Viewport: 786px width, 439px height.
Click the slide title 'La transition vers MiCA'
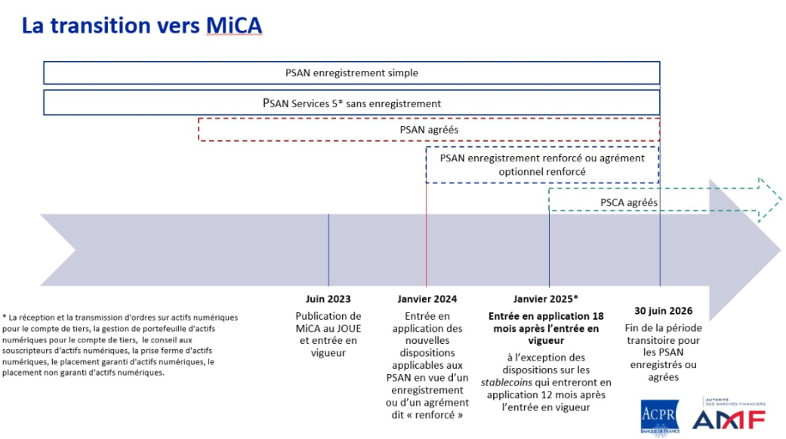[142, 26]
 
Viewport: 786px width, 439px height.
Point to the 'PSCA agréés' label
[629, 203]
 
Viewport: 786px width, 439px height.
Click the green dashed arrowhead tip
[781, 200]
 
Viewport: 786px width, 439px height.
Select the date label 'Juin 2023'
[328, 299]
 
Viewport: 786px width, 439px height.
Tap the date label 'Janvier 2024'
[427, 299]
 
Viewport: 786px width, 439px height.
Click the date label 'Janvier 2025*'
[546, 299]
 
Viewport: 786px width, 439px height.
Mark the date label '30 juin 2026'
[663, 311]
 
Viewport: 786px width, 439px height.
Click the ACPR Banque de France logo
[660, 416]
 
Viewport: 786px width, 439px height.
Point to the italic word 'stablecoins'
[507, 382]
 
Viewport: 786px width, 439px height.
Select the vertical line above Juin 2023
[328, 250]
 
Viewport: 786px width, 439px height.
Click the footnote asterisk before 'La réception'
[5, 318]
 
